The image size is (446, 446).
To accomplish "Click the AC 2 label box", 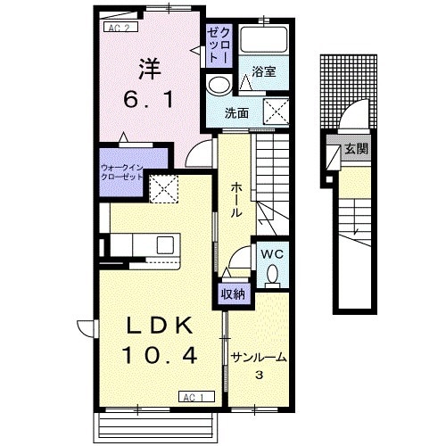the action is click(120, 28).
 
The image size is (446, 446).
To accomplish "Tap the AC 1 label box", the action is click(196, 397).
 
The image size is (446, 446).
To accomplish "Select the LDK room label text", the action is click(160, 326).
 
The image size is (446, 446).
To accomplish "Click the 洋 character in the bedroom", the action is click(149, 70).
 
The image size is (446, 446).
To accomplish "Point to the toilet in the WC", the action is click(272, 275).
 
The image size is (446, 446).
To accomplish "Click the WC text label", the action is click(272, 254).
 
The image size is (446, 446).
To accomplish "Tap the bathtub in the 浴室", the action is click(264, 39).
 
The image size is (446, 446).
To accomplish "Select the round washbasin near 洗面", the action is click(219, 85).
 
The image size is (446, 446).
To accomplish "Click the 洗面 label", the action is click(236, 113).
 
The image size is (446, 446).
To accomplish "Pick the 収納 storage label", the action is click(233, 294).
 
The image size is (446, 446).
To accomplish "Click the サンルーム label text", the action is click(259, 358).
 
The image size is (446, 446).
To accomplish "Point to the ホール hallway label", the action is click(236, 200).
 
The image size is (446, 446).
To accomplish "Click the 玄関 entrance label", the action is click(356, 148).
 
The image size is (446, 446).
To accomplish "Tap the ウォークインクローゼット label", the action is click(122, 172).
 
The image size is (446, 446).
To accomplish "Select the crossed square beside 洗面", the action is click(277, 111).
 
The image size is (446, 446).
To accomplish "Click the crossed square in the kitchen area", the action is click(164, 189).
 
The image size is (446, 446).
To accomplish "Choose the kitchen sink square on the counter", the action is click(165, 245).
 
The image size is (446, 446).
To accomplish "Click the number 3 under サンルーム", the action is click(260, 376).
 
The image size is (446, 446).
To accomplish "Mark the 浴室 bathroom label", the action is click(264, 71).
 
